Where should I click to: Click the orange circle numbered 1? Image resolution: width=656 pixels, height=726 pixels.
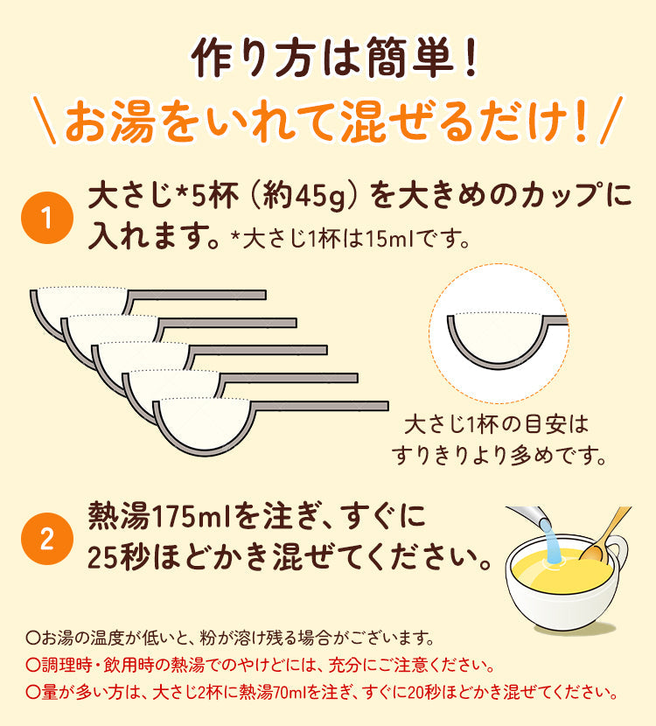coord(47,218)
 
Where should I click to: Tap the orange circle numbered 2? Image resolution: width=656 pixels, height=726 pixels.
coord(47,539)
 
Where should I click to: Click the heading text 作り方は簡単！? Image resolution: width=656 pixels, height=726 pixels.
coord(334,58)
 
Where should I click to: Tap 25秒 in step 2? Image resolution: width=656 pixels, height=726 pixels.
coord(118,557)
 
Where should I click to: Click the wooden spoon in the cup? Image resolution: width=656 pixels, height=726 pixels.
coord(604,534)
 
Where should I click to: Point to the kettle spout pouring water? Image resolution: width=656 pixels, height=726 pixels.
coord(527,516)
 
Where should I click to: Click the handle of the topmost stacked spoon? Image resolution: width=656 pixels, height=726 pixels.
coord(197,295)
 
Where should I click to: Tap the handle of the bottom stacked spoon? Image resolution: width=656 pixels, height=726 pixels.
coord(319,406)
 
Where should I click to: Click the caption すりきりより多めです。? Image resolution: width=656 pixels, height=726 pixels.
coord(499,456)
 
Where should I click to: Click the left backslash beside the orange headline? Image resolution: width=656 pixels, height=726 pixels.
coord(45,120)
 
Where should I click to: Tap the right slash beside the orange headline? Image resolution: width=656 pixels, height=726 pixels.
coord(611,120)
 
